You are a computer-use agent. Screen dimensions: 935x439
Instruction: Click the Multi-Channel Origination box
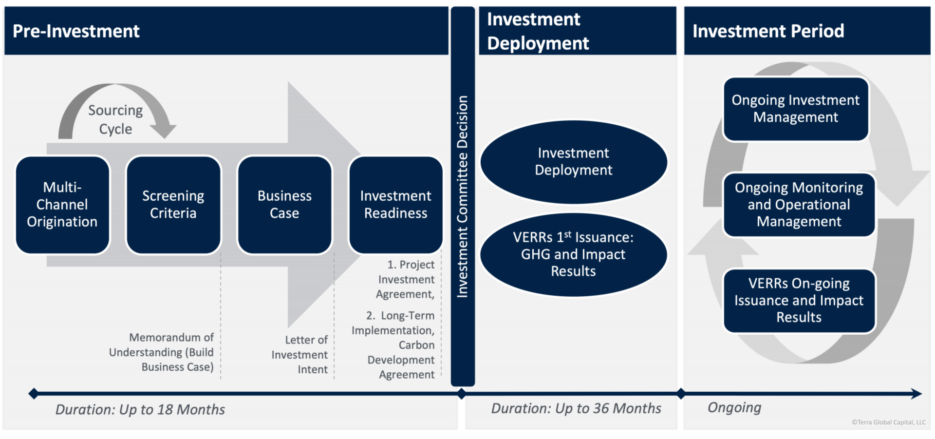click(62, 205)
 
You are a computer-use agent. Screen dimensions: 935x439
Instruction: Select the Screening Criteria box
click(173, 205)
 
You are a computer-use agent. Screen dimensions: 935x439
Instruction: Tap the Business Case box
click(284, 205)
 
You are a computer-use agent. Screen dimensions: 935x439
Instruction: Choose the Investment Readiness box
click(395, 205)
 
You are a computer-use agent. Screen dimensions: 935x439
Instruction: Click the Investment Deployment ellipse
click(574, 162)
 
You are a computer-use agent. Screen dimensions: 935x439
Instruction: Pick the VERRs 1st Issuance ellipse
click(574, 254)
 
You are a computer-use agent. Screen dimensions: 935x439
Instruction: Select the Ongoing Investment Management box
click(796, 109)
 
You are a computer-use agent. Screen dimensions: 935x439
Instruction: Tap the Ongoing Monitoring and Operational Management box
click(799, 205)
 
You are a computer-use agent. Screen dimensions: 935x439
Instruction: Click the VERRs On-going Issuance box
click(799, 301)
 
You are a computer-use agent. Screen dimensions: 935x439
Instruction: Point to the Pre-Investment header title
click(76, 31)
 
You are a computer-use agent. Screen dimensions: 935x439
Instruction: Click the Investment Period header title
click(768, 31)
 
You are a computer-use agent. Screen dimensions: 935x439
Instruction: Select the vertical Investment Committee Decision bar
click(463, 196)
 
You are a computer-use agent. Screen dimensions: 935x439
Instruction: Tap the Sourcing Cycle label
click(115, 119)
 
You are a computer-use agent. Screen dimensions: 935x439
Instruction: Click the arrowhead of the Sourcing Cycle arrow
click(163, 131)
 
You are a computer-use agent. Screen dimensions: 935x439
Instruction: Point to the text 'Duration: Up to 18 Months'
click(140, 409)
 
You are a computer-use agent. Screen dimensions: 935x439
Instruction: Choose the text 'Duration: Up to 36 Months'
click(576, 408)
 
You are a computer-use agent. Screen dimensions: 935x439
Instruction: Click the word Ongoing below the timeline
click(734, 408)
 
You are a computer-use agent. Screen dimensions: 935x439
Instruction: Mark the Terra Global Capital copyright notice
click(889, 422)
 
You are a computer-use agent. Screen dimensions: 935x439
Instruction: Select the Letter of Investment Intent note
click(299, 354)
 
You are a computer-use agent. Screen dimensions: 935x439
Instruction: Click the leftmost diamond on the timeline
click(34, 394)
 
